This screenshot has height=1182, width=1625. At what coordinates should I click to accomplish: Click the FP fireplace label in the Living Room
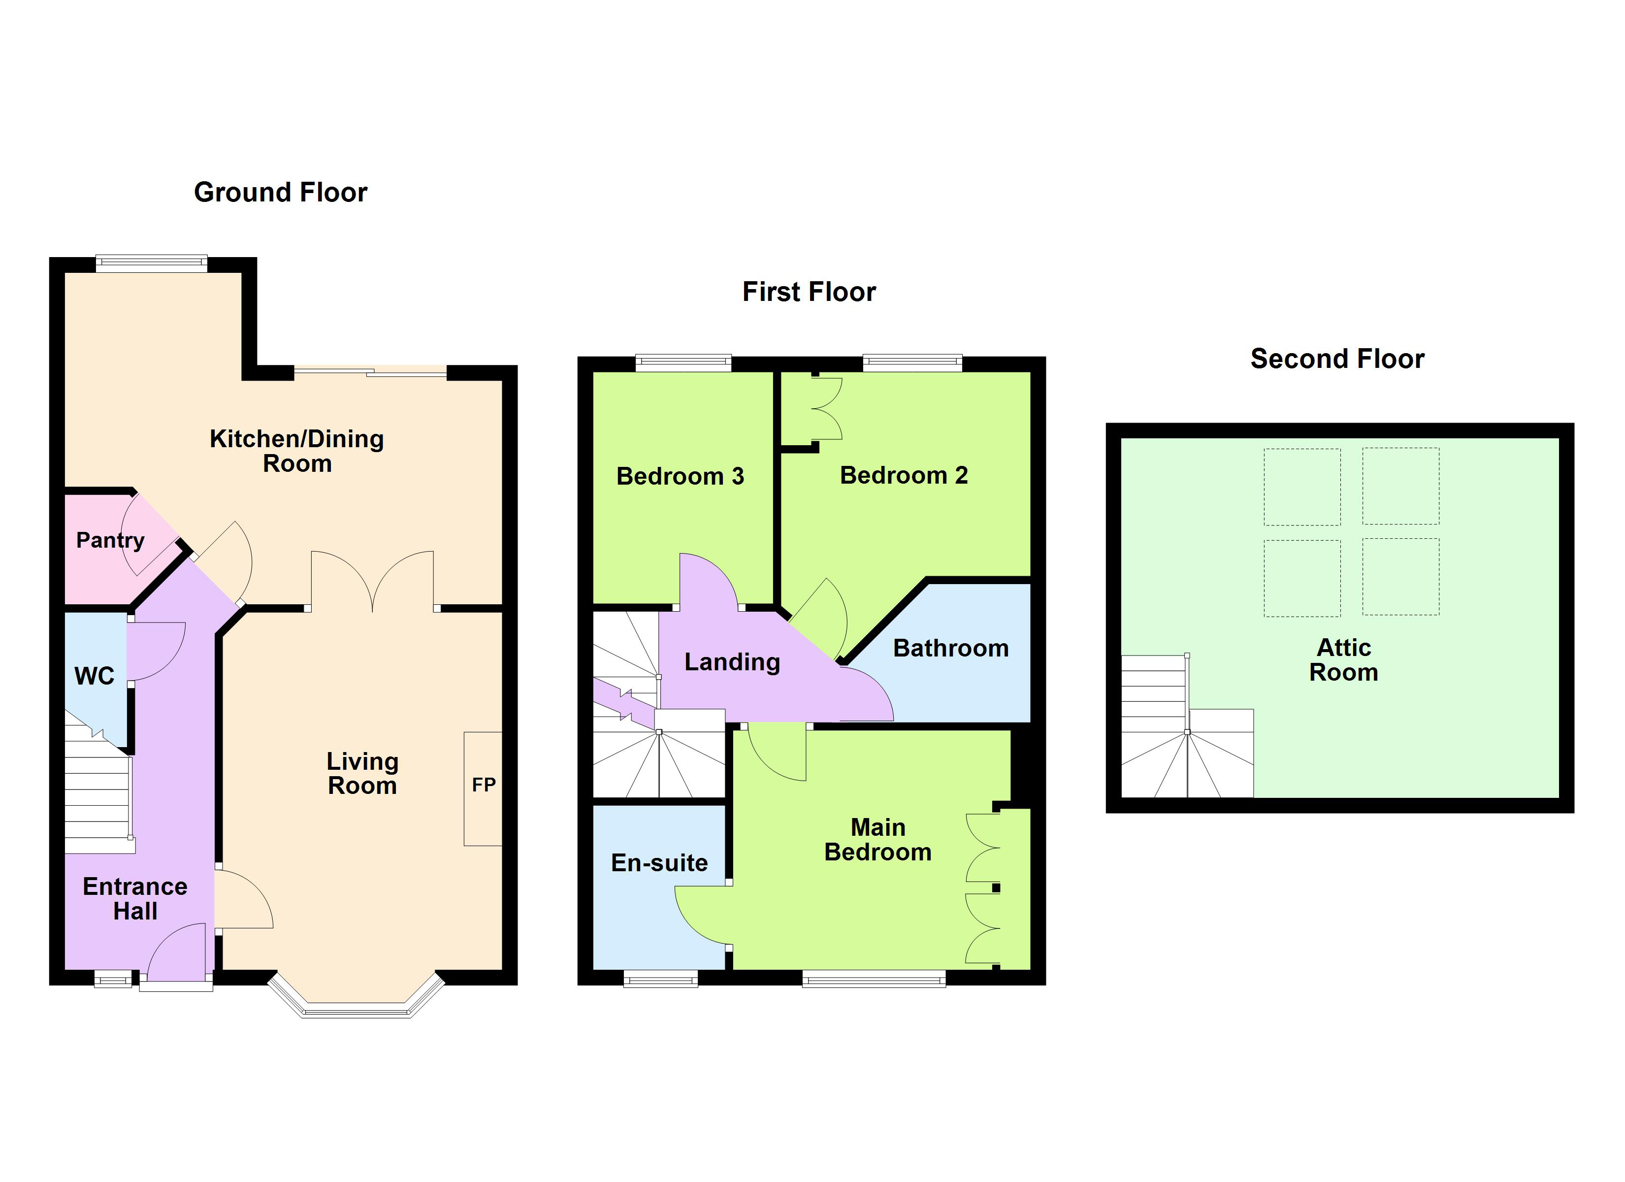(x=484, y=785)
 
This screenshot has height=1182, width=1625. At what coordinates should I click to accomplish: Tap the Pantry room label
(x=110, y=540)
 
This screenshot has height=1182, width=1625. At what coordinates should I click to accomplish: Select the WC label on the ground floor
(x=94, y=676)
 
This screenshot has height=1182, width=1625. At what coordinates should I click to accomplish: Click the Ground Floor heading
(x=280, y=192)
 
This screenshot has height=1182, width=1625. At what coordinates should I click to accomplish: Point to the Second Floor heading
(x=1337, y=359)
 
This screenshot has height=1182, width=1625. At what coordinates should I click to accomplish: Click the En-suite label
(x=659, y=863)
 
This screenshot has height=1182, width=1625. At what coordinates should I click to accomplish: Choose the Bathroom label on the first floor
(x=951, y=648)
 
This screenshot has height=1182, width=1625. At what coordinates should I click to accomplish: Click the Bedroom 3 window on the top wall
(x=683, y=363)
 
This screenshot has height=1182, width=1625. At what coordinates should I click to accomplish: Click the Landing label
(x=732, y=661)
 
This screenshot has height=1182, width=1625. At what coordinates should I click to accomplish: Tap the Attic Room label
(x=1343, y=660)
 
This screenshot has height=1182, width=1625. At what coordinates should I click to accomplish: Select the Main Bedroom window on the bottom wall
(x=874, y=979)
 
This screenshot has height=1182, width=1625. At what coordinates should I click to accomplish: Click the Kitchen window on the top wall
(x=151, y=264)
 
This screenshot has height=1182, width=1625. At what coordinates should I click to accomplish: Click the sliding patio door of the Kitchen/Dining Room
(x=370, y=371)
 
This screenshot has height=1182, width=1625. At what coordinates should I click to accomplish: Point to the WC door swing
(x=156, y=651)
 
